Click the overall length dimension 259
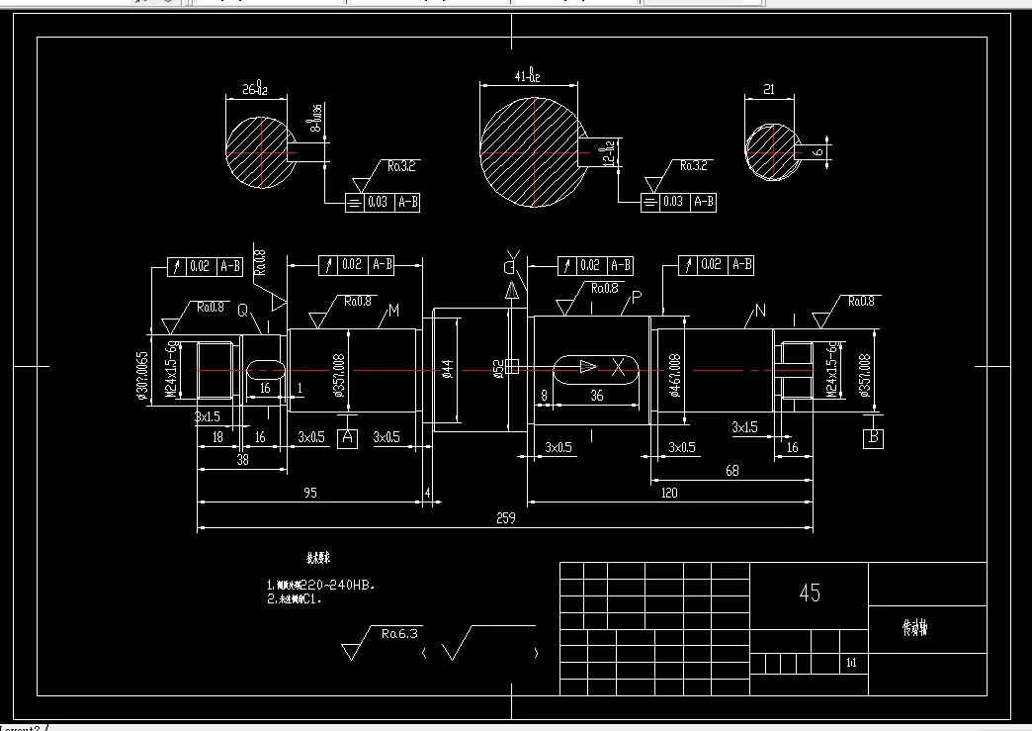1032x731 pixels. click(x=506, y=517)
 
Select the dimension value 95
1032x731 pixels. click(x=310, y=492)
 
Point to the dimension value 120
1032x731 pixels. click(x=669, y=492)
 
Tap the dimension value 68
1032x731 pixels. click(x=732, y=471)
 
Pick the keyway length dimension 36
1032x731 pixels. click(x=596, y=396)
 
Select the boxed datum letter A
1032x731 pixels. click(x=347, y=437)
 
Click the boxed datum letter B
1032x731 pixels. click(x=873, y=437)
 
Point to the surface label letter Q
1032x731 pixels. click(x=242, y=311)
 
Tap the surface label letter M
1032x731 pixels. click(x=392, y=311)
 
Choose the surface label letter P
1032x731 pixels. click(x=637, y=298)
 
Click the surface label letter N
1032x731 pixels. click(x=759, y=311)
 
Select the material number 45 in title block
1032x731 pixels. click(x=810, y=593)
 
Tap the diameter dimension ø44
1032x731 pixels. click(x=447, y=369)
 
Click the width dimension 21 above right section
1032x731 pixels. click(x=768, y=90)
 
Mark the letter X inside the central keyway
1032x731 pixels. click(x=619, y=367)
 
